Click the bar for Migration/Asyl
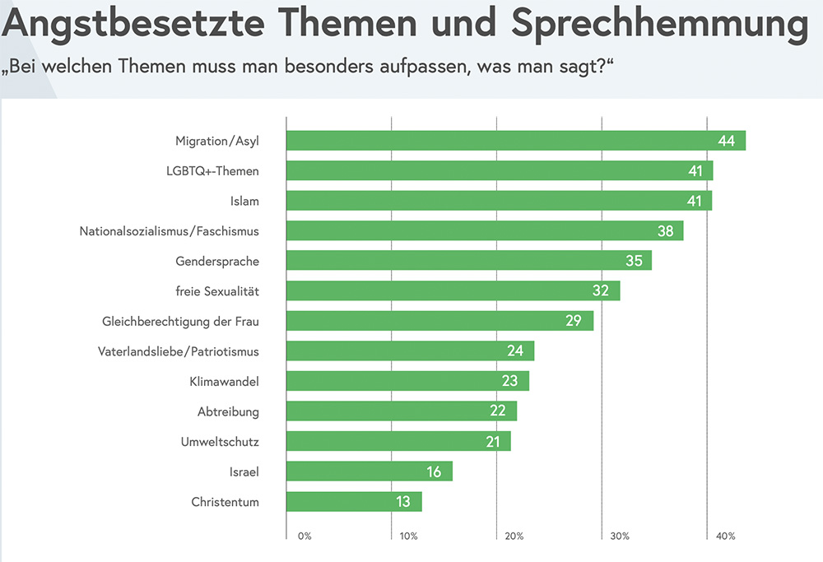tap(515, 141)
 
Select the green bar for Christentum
tap(354, 502)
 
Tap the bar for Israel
tap(370, 471)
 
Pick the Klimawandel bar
tap(407, 381)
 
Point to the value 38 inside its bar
tap(665, 231)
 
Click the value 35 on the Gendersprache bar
tap(634, 261)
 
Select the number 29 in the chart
tap(574, 321)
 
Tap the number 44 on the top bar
tap(726, 141)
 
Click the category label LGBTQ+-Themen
tap(212, 171)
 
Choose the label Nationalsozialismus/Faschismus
tap(169, 231)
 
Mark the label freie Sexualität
tap(217, 291)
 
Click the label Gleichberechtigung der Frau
tap(180, 321)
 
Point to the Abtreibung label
tap(228, 411)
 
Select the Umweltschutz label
tap(220, 442)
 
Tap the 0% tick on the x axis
tap(305, 536)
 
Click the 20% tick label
tap(514, 536)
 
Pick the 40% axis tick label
tap(725, 536)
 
